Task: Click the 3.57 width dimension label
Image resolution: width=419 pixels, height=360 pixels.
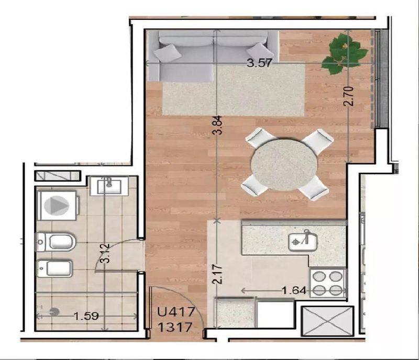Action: click(259, 63)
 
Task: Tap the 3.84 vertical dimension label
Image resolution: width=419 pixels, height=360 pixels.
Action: click(218, 125)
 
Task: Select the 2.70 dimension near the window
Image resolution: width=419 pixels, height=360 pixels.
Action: click(349, 96)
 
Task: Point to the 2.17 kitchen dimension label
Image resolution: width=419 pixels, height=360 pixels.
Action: click(218, 274)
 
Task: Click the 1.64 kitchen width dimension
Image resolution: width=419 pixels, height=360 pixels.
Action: click(294, 290)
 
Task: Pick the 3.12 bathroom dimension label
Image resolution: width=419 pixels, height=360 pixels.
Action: click(106, 253)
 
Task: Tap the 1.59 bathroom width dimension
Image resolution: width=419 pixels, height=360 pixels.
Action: click(86, 316)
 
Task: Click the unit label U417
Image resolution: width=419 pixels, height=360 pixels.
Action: click(176, 312)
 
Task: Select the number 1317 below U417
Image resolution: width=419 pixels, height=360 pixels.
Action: click(175, 327)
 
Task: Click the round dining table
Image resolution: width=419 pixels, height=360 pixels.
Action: click(284, 164)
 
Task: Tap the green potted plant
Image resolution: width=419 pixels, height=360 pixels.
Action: click(345, 53)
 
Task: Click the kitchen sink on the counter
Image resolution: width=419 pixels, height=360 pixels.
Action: click(303, 242)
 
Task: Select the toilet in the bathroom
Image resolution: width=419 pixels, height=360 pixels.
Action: click(56, 242)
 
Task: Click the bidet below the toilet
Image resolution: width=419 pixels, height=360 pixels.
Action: click(55, 268)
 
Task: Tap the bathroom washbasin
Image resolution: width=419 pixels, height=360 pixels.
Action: click(109, 186)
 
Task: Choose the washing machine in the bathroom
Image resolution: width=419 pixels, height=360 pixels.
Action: click(57, 205)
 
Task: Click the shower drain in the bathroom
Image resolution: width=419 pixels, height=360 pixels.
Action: click(54, 312)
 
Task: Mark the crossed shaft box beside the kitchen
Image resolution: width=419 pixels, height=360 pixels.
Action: click(327, 321)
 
